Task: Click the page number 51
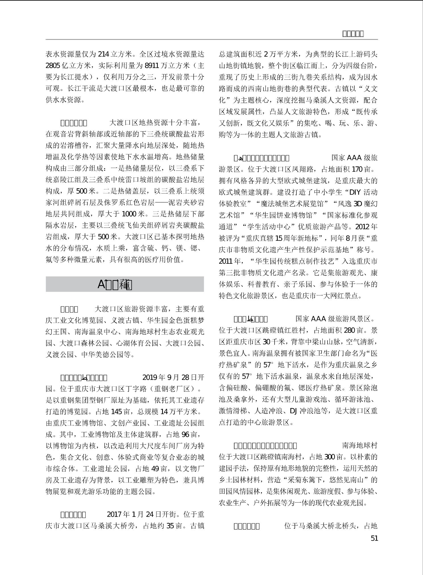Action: click(374, 538)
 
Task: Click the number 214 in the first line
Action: click(104, 54)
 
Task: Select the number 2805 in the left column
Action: click(53, 66)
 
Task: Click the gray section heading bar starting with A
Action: click(125, 284)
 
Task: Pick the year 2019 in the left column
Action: click(150, 378)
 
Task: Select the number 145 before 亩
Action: click(116, 412)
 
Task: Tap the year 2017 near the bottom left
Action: click(114, 514)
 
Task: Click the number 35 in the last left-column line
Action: click(170, 526)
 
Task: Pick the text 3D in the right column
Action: click(357, 204)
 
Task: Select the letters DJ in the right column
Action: click(293, 411)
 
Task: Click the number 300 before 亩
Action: click(329, 457)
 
